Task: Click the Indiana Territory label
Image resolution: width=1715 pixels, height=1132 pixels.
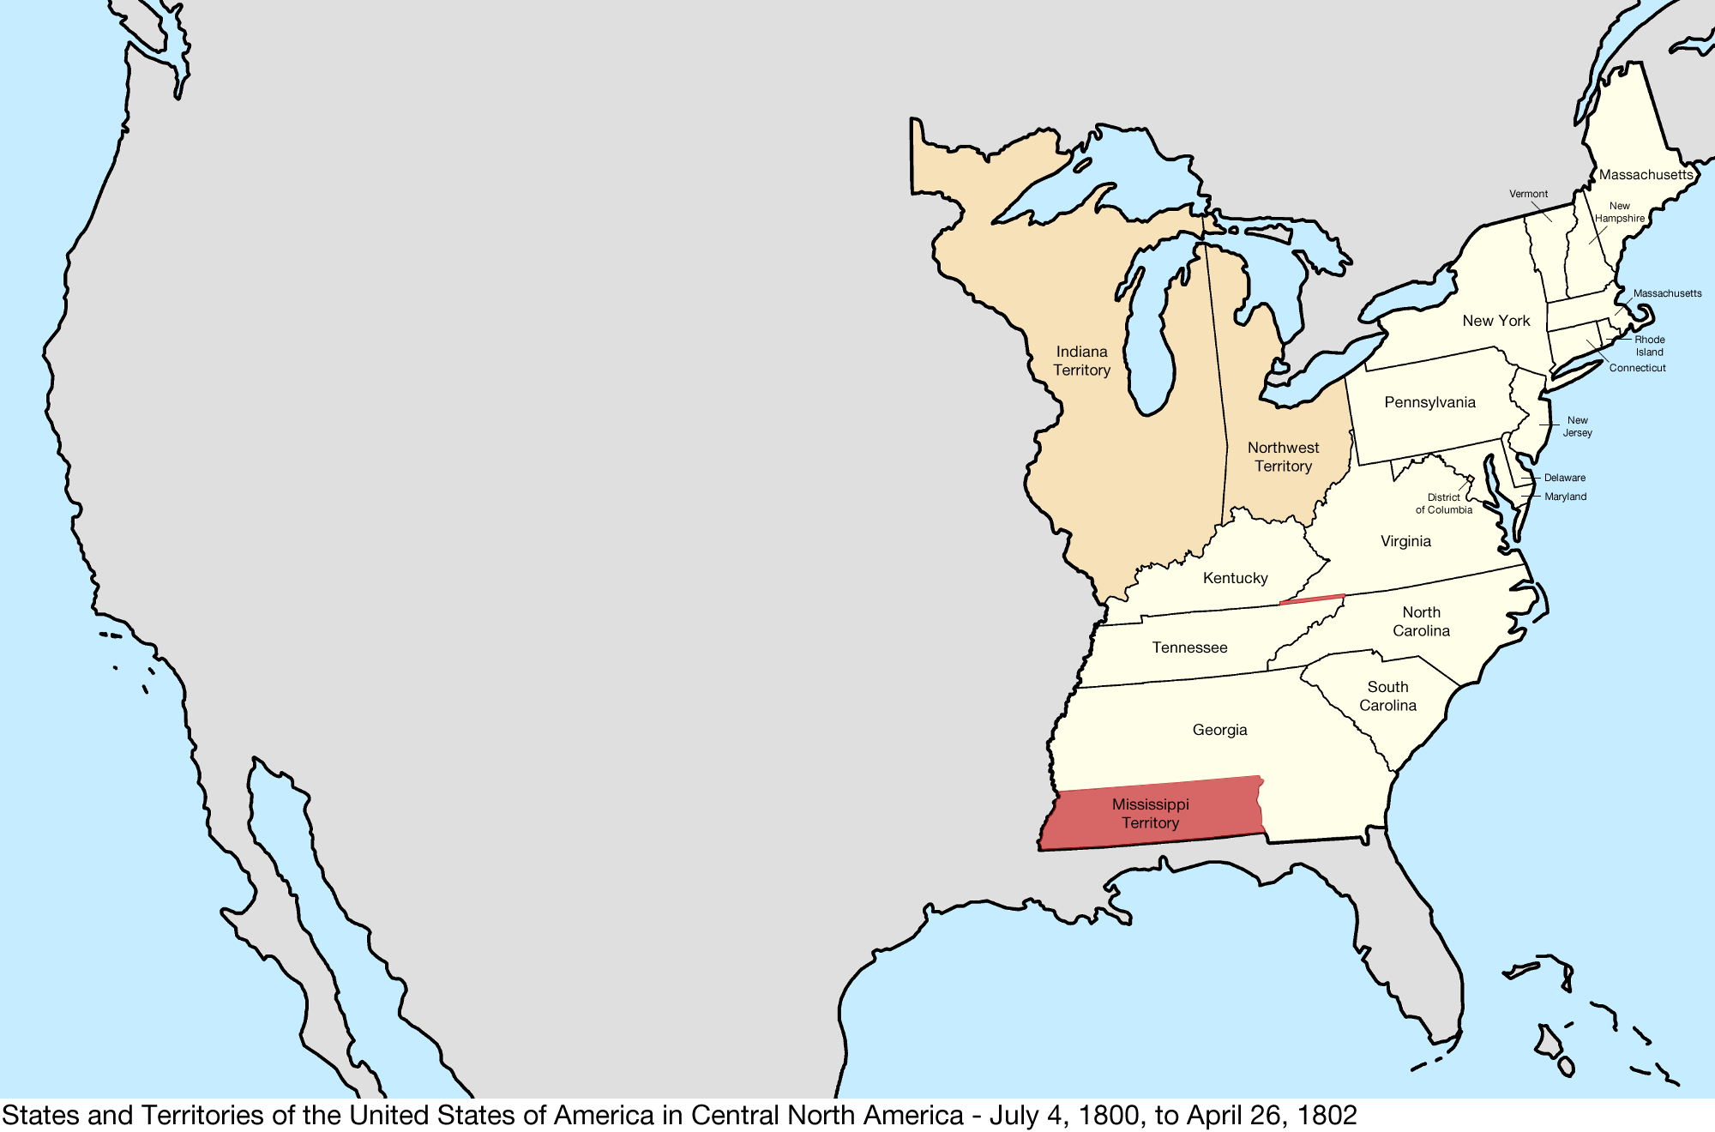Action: click(1081, 361)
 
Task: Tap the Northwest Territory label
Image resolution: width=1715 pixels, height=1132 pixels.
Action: click(1283, 457)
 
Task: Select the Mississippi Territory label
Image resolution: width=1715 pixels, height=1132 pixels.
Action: click(1150, 814)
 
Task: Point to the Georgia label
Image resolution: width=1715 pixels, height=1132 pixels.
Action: click(1219, 730)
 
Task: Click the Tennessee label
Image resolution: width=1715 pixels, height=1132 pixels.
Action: click(1189, 647)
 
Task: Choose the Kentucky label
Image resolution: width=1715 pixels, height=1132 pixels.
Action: click(1235, 578)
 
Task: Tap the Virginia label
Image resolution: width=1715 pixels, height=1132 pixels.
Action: click(1405, 541)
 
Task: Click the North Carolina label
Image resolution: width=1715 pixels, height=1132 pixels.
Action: click(1421, 622)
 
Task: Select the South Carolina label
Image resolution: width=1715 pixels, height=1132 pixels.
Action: click(1387, 696)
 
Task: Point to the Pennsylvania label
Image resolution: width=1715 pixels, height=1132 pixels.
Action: click(1429, 402)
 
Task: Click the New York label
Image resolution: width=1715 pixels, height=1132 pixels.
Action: click(1495, 321)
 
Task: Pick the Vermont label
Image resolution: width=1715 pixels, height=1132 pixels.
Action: click(1528, 194)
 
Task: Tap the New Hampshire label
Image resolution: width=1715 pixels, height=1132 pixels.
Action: click(1619, 212)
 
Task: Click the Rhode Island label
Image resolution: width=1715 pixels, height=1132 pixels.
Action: click(1649, 346)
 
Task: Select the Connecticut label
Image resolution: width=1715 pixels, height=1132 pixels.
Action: click(1637, 368)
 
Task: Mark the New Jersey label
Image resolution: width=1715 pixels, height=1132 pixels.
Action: click(1577, 426)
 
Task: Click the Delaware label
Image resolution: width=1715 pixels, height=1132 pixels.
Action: click(1564, 478)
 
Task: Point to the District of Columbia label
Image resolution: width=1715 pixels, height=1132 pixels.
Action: click(1443, 503)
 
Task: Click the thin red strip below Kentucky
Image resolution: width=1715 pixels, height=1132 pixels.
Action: click(1312, 599)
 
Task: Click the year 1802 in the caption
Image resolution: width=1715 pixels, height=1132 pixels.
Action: click(1327, 1115)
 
